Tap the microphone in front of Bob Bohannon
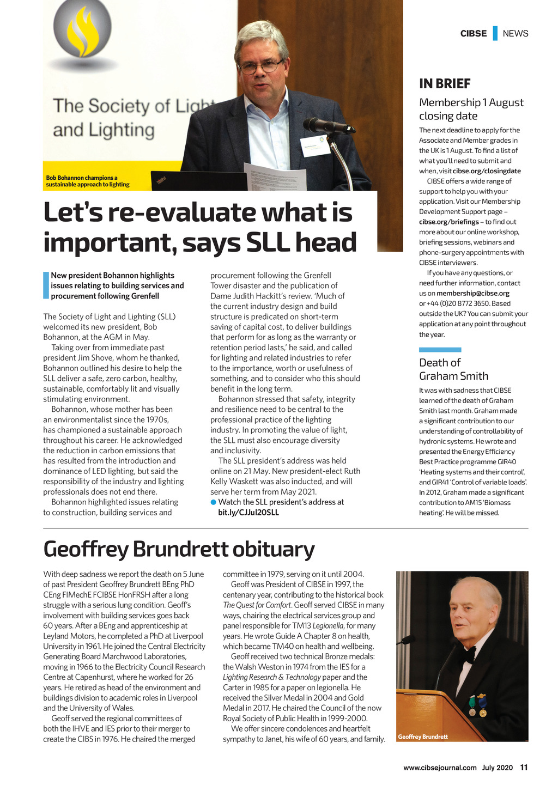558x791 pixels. pos(327,126)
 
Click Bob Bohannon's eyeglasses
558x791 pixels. pos(261,67)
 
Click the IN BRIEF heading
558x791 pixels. pos(445,83)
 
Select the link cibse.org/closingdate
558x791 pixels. pos(487,171)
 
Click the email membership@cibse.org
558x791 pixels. pos(473,293)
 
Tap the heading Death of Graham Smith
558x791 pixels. pos(453,369)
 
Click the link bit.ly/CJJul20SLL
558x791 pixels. pos(248,513)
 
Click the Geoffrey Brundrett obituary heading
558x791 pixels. pos(179,549)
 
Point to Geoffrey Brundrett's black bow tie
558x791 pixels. pos(466,653)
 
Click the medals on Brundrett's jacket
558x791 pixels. pos(477,705)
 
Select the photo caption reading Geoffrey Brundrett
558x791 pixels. pos(423,737)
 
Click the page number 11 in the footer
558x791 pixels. pos(524,768)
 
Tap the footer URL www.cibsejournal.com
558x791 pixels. pos(440,768)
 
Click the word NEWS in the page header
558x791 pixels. pos(515,33)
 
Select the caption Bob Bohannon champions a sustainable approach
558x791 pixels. pos(88,181)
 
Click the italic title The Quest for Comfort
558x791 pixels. pos(257,605)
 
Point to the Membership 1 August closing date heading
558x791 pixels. pos(471,109)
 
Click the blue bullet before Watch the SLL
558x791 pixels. pos(214,502)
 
